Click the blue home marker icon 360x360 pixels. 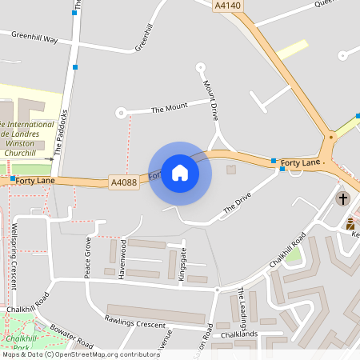pos(180,173)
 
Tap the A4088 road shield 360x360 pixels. pos(124,183)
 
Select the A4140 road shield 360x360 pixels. pos(227,6)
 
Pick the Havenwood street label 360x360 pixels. pos(123,258)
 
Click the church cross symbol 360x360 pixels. pos(343,198)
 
